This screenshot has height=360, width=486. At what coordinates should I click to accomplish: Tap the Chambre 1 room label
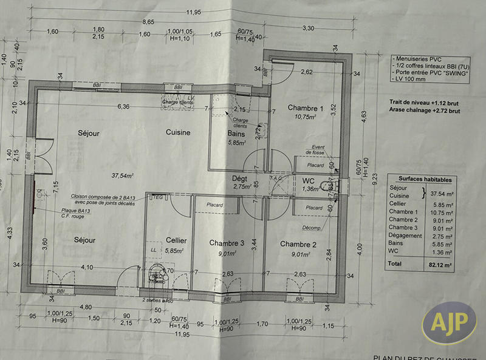point(306,107)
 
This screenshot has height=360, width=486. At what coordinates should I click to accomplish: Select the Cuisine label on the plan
point(178,132)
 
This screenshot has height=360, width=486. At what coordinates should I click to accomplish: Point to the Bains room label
point(236,134)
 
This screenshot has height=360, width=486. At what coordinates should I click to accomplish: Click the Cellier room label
point(176,240)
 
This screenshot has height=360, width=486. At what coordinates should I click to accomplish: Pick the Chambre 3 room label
point(226,243)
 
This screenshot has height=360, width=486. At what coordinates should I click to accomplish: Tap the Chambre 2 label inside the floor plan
point(298,244)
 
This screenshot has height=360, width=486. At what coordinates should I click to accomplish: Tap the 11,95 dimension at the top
point(193,12)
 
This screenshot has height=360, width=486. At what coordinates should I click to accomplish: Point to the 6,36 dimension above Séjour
point(124,107)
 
